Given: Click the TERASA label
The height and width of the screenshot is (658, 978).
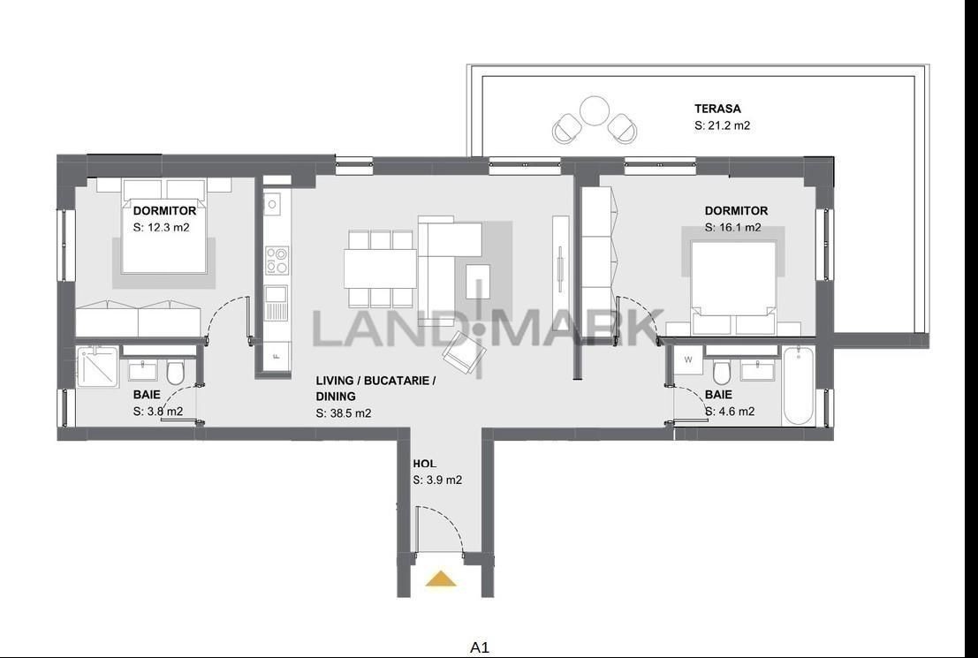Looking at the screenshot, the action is coord(717,109).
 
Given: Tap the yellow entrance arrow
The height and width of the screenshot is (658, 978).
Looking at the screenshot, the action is coord(441,579).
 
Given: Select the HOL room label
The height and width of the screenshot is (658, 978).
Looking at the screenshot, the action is coord(424,464).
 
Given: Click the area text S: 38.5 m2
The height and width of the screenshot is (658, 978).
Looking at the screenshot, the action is coord(344,412).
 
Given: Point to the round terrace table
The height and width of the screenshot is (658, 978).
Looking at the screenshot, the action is coord(594,111).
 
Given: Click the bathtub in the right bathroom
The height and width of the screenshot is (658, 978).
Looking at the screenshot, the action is coord(798,386).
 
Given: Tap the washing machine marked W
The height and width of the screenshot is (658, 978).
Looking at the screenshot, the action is coord(688,359).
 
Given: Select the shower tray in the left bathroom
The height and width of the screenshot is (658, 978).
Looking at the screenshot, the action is coord(99,367).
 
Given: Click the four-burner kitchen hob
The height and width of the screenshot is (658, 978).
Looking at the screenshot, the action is coord(277,261).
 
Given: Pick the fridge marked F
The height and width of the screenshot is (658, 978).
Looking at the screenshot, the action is coord(277,358).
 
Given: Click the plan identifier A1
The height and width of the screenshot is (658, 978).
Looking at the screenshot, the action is coord(479,647).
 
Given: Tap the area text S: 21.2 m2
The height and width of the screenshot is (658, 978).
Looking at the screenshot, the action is coord(723,125).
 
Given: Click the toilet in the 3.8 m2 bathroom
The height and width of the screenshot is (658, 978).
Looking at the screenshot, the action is coord(175,373).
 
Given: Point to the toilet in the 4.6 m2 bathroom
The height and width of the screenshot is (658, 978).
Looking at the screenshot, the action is coord(722,373).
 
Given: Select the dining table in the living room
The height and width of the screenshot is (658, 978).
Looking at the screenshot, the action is coord(381,268).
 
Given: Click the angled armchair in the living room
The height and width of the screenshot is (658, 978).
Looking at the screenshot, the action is coord(464,353).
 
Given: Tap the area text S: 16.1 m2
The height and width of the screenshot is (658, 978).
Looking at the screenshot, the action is coord(733,228).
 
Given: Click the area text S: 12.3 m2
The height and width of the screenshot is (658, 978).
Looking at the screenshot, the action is coord(161,228).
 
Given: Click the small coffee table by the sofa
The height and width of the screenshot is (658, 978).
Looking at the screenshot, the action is coord(478,281).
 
